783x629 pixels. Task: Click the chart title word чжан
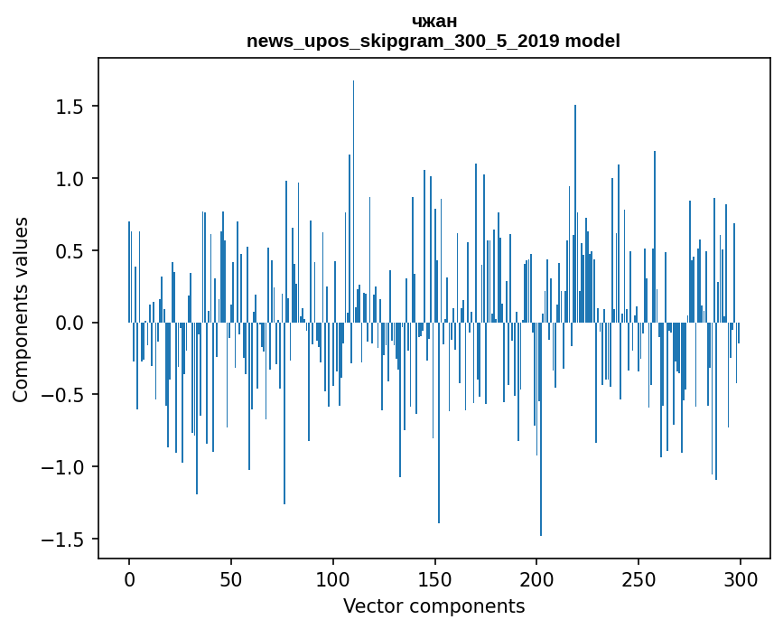click(433, 22)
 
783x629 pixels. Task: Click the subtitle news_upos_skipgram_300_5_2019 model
click(433, 41)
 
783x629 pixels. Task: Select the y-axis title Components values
click(21, 309)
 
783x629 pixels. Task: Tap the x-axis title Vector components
click(433, 606)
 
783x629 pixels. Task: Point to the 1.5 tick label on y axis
click(70, 107)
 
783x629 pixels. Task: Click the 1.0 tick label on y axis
click(70, 179)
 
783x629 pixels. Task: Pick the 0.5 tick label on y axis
click(70, 250)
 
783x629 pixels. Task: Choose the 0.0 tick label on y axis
click(70, 323)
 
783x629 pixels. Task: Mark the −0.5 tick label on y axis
click(64, 395)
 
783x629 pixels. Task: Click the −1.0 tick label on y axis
click(64, 467)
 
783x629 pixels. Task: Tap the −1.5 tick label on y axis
click(64, 540)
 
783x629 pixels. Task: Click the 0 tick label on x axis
click(129, 578)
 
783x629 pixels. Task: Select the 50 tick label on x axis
click(231, 578)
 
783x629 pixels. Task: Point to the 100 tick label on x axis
click(333, 578)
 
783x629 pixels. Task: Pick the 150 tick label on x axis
click(434, 578)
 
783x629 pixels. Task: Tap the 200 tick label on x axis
click(536, 578)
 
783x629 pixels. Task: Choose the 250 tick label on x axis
click(639, 578)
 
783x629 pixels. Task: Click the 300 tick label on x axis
click(741, 578)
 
